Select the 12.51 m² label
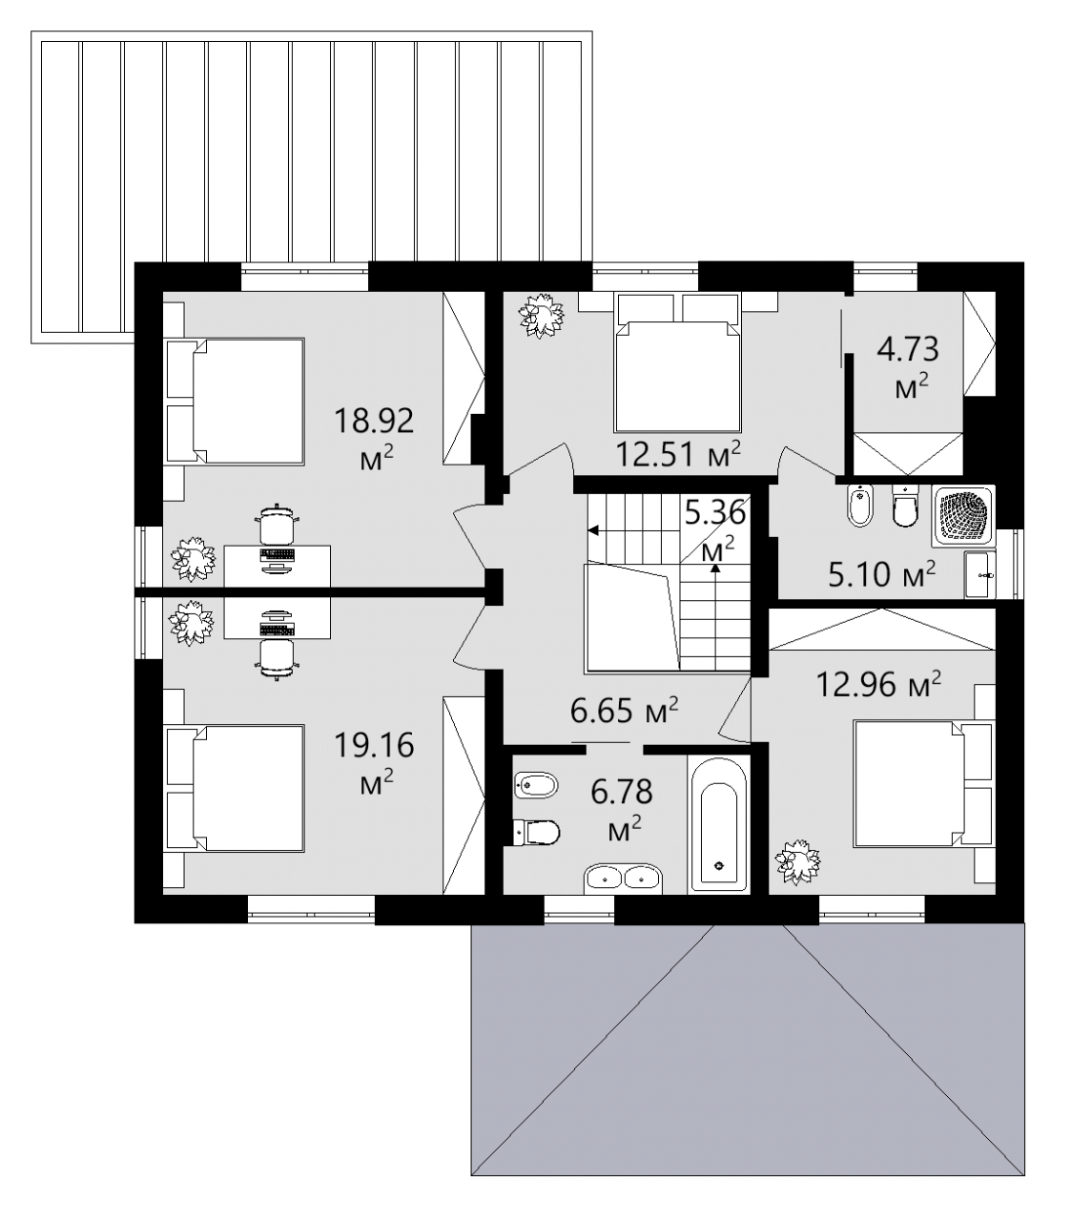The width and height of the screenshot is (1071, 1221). click(677, 455)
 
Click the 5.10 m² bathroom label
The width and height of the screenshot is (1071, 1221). click(882, 575)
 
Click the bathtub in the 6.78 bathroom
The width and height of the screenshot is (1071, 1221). click(718, 825)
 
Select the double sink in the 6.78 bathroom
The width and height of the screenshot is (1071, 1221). click(623, 878)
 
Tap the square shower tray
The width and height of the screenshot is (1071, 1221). click(963, 516)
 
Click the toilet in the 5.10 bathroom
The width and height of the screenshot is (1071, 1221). click(905, 506)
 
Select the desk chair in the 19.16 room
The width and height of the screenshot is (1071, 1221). click(278, 659)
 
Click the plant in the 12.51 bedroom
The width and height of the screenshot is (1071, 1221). click(543, 315)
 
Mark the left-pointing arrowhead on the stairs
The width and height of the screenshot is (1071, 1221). click(593, 530)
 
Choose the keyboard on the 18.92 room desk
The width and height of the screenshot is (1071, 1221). click(278, 554)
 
